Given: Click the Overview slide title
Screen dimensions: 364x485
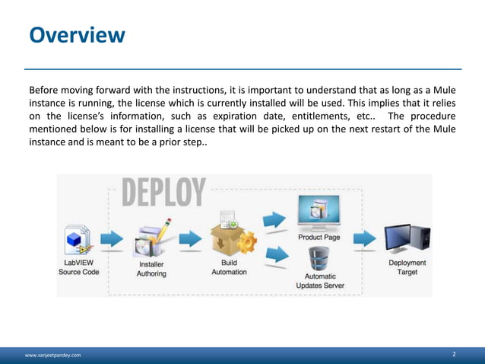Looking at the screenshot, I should (77, 35).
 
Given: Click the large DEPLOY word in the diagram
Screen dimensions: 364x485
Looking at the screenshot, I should (163, 193).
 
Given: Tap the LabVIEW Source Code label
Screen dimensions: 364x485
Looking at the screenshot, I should (79, 267).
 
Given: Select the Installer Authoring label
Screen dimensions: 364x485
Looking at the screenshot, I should (151, 269).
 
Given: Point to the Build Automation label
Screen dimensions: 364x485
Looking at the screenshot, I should (229, 267).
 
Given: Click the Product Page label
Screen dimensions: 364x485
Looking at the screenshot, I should (319, 237).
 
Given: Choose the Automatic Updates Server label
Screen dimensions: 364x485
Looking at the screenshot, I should (320, 281).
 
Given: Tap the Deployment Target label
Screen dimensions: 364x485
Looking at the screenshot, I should (407, 267).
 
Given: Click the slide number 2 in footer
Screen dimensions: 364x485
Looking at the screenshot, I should (454, 354).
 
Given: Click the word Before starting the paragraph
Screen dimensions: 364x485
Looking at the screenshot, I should (45, 88).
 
